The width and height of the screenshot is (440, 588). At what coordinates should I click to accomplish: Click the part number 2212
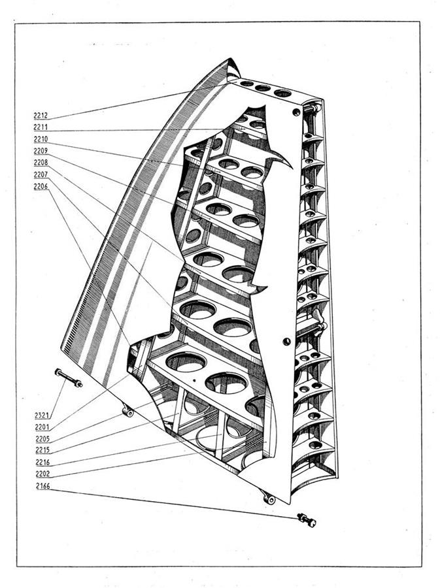pos(41,116)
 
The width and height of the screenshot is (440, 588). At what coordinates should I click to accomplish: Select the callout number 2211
pos(41,127)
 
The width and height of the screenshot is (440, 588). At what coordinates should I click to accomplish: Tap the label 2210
pos(41,139)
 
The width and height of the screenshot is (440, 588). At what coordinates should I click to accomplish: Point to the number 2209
pos(41,151)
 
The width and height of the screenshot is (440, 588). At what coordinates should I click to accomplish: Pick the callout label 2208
pos(41,163)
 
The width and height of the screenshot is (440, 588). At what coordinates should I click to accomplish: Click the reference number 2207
pos(41,174)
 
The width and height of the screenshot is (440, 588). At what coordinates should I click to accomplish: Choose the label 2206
pos(41,186)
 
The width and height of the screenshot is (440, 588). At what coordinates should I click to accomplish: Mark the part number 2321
pos(42,415)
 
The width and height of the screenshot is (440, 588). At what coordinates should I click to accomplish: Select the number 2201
pos(42,427)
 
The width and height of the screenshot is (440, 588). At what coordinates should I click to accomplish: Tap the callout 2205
pos(42,439)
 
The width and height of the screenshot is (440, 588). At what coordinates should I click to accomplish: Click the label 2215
pos(42,450)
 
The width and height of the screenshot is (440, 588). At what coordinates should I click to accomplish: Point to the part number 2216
pos(42,463)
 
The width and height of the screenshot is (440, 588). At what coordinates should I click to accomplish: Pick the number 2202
pos(42,474)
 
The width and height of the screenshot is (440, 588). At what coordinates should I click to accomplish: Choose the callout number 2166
pos(42,486)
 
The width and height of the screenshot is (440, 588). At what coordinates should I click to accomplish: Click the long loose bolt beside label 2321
pos(69,378)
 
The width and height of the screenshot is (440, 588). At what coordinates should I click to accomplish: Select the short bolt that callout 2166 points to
pos(307,520)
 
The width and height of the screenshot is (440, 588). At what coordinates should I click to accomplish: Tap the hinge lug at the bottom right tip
pos(269,498)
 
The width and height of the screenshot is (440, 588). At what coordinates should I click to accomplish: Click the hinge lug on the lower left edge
pos(128,411)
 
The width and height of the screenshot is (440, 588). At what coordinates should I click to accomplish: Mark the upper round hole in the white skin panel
pos(296,112)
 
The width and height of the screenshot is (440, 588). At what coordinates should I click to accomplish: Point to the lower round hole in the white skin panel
pos(286,341)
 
